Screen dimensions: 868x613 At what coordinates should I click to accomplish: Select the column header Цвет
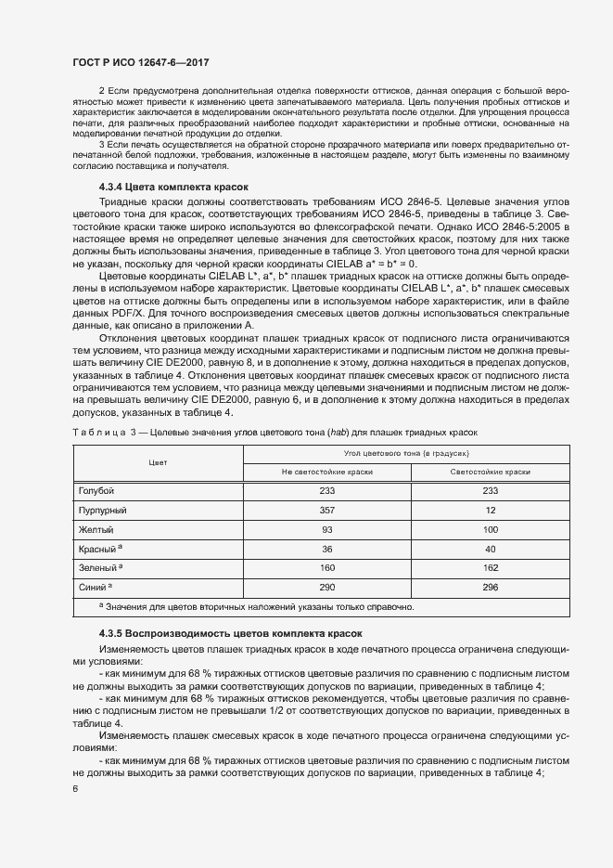157,462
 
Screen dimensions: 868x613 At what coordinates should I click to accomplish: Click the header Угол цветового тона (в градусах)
393,453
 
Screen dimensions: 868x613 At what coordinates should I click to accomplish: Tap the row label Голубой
96,491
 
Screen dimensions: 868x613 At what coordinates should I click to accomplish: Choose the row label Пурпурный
101,511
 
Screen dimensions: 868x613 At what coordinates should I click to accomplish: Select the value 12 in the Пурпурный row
491,511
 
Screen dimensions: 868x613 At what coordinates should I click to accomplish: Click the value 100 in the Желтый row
491,530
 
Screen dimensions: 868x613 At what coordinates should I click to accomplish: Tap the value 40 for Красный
491,549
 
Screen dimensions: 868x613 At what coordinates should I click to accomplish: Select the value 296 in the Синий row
491,588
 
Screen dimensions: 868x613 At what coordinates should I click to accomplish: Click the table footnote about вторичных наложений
256,607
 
